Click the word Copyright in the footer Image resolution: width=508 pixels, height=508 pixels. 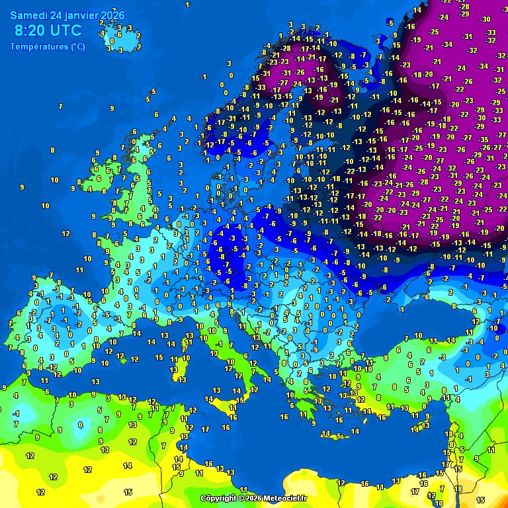219,498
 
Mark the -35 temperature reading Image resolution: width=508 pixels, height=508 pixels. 484,140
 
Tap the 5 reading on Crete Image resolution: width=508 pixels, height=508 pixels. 339,435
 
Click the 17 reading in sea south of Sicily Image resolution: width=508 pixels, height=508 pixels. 206,429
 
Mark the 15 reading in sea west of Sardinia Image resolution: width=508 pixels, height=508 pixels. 159,357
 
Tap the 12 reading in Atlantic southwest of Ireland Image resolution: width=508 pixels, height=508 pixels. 65,233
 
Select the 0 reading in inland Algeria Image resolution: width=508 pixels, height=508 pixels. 79,424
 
